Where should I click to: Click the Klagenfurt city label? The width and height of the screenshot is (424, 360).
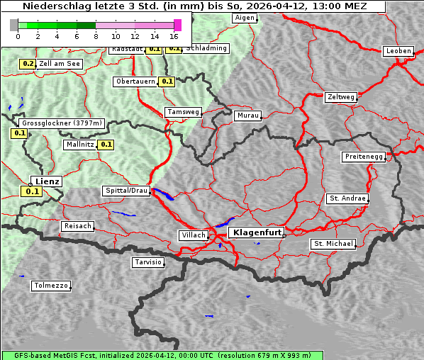tap(257, 232)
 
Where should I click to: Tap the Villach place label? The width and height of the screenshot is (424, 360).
tap(193, 235)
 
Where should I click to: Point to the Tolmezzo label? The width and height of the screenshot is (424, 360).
tap(51, 286)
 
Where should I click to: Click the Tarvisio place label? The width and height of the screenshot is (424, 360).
tap(148, 262)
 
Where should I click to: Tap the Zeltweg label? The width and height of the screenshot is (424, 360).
tap(341, 96)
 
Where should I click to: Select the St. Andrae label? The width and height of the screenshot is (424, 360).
tap(347, 198)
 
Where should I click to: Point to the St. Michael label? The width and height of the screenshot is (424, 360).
tap(333, 244)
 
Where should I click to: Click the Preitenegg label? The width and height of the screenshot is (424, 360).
tap(364, 157)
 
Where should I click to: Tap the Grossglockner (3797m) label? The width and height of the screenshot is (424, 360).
tap(62, 123)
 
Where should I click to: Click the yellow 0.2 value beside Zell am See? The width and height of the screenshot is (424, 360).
tap(27, 64)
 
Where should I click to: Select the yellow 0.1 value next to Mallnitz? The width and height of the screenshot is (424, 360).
tap(106, 145)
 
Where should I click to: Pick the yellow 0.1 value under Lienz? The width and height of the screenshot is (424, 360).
tap(32, 191)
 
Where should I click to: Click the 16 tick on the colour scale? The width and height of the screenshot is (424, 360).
tap(174, 35)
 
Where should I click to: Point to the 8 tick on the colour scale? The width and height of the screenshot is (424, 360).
tap(96, 35)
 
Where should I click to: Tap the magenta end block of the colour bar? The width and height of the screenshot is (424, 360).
tap(177, 25)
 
